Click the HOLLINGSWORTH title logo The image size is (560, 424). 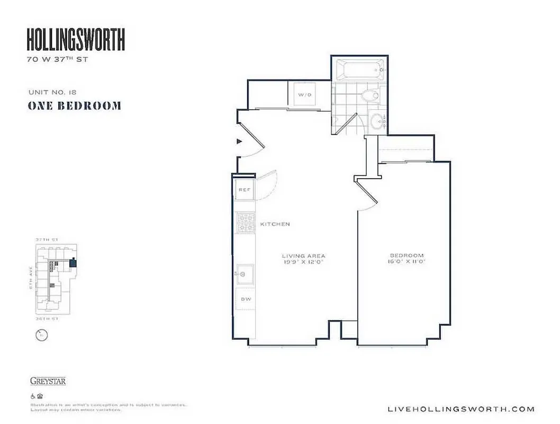click(x=76, y=39)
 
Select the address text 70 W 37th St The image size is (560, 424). click(x=57, y=59)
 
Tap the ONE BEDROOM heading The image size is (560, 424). click(x=74, y=105)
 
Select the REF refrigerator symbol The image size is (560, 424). click(x=244, y=189)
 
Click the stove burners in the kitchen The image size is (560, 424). click(x=245, y=223)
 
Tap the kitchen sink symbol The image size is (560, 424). click(x=245, y=275)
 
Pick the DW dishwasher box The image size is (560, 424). click(x=245, y=299)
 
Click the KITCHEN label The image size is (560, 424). click(x=275, y=224)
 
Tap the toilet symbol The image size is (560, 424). click(x=369, y=96)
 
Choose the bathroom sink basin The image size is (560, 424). click(x=377, y=120)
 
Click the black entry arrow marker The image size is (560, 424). click(x=239, y=142)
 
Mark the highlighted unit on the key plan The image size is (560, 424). click(x=73, y=262)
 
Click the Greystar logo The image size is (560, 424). click(x=48, y=381)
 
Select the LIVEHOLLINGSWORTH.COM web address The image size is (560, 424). click(x=461, y=409)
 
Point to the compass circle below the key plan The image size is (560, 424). click(x=41, y=335)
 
